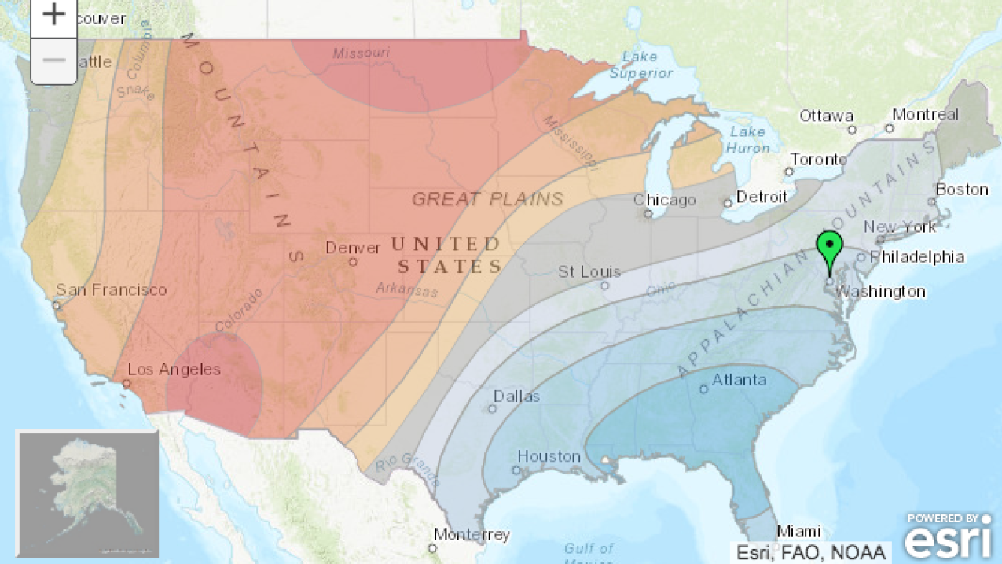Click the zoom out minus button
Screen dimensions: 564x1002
coord(53,61)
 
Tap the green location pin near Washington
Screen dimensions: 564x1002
coord(829,249)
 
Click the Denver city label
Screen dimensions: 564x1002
coord(353,248)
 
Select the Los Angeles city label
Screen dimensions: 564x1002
coord(174,370)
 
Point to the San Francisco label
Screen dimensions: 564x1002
coord(111,290)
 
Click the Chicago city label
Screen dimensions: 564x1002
coord(665,200)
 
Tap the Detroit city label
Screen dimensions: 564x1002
coord(761,197)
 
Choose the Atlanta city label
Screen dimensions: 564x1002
coord(739,381)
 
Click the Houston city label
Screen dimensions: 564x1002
coord(549,456)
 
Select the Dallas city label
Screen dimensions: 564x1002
coord(517,396)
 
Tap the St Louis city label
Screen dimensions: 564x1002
coord(589,272)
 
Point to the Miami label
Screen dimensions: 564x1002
coord(798,532)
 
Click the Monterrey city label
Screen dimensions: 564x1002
coord(472,535)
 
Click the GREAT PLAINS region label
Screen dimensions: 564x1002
coord(487,199)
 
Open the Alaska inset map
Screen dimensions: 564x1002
coord(88,494)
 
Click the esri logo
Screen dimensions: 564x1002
coord(947,538)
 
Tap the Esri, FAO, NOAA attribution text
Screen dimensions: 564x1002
coord(811,552)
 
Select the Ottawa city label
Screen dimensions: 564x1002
coord(826,116)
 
